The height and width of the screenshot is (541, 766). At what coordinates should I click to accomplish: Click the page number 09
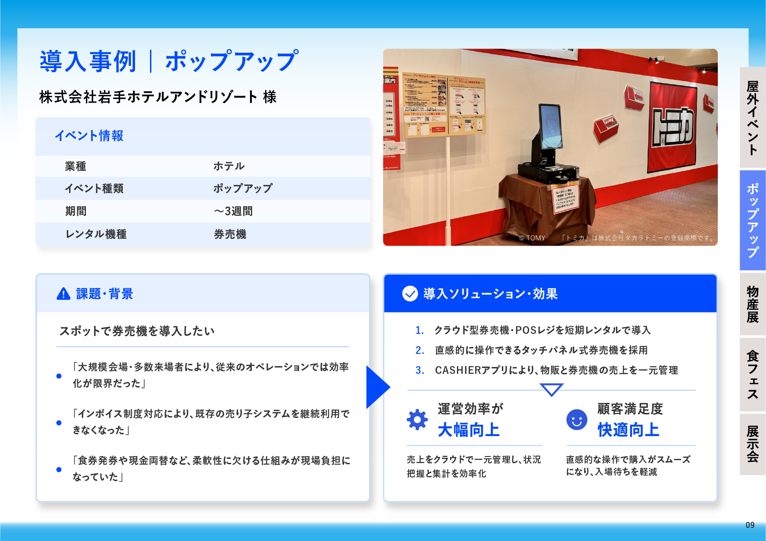750,525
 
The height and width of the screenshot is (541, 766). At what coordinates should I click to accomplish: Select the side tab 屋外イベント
752,118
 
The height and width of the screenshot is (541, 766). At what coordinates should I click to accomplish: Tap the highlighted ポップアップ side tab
752,220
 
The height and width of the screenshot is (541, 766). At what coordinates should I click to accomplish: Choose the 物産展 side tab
752,304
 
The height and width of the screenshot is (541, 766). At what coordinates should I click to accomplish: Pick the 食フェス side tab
752,375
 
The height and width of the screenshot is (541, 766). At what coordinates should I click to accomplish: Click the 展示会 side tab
752,444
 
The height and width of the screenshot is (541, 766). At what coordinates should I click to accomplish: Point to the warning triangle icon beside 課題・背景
63,294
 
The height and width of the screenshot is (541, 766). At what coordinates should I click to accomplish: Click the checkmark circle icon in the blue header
410,294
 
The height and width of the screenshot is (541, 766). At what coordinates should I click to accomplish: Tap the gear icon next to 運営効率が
417,420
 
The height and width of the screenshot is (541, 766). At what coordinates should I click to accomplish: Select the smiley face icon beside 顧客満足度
576,420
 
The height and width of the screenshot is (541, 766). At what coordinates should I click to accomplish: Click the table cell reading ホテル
229,166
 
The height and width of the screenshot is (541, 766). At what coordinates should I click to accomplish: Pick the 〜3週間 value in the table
233,211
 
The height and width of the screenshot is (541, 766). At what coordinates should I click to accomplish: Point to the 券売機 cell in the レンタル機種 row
230,234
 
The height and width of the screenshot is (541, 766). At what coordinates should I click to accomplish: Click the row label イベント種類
94,189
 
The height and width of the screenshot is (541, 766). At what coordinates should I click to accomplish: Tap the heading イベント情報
89,136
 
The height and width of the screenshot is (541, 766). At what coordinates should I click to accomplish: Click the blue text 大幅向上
469,430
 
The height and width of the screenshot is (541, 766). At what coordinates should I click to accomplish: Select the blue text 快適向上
628,430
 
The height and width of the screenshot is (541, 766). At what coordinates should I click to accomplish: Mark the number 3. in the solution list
420,370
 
